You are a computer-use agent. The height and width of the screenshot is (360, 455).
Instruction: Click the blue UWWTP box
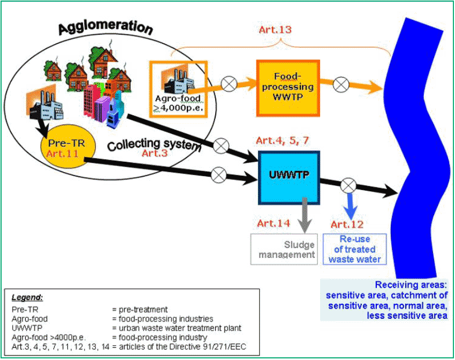(289, 178)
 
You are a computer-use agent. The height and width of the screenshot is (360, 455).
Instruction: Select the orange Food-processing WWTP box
(288, 88)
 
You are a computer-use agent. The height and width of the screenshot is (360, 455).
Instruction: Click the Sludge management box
(284, 249)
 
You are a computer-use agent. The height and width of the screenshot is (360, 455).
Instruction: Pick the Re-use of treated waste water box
(354, 249)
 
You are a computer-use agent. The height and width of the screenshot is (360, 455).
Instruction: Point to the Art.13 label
(275, 29)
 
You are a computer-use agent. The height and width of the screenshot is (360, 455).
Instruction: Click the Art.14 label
(274, 223)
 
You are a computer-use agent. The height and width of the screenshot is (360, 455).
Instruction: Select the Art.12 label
(347, 224)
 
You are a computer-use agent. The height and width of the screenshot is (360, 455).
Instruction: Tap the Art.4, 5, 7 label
(282, 140)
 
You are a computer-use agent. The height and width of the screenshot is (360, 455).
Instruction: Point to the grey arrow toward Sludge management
(305, 215)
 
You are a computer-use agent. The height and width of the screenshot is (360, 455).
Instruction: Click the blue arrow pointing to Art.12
(351, 206)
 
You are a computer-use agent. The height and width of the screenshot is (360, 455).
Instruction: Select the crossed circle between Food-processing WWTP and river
(341, 85)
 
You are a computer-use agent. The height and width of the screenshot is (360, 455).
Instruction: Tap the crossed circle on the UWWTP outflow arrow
(348, 185)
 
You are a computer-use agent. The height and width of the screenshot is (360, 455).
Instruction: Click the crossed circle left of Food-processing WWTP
(229, 84)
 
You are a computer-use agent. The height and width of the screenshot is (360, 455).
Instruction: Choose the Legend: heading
(27, 297)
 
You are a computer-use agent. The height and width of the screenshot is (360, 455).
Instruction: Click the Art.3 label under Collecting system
(155, 153)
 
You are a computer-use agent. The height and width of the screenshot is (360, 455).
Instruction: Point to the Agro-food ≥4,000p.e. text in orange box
(178, 103)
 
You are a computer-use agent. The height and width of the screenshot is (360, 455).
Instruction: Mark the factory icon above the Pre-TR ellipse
(44, 104)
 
